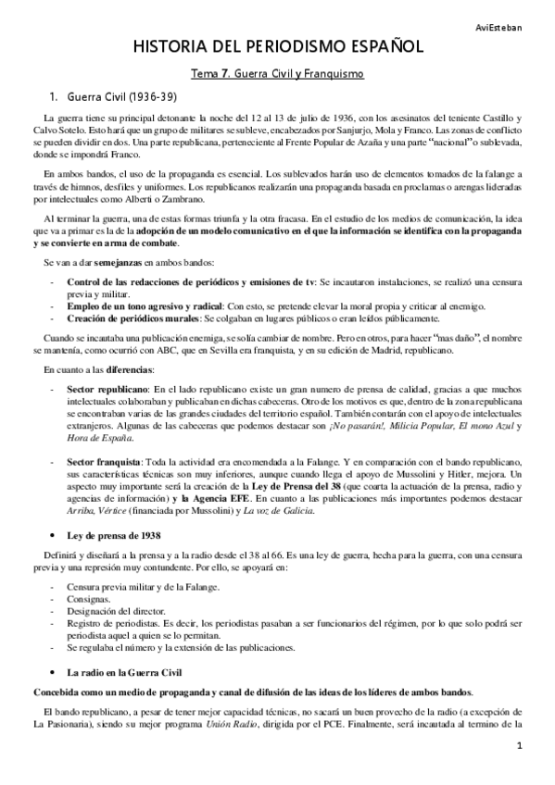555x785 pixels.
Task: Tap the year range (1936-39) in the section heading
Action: click(x=144, y=96)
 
